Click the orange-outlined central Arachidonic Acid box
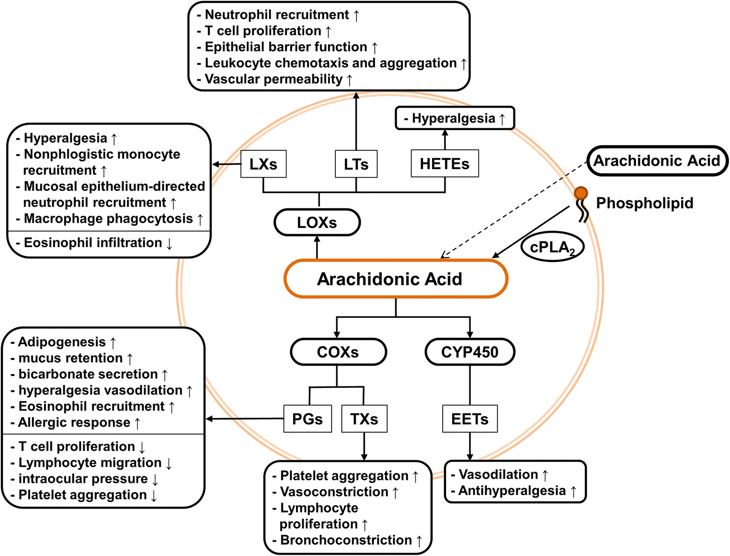pyautogui.click(x=395, y=279)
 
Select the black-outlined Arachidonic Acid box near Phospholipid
pyautogui.click(x=657, y=161)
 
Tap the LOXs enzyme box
pyautogui.click(x=317, y=223)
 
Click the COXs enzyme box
pyautogui.click(x=338, y=352)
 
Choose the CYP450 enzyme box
pyautogui.click(x=469, y=352)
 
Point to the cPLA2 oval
pyautogui.click(x=552, y=248)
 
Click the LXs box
pyautogui.click(x=263, y=164)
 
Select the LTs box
pyautogui.click(x=356, y=164)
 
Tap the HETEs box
pyautogui.click(x=445, y=164)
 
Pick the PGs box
pyautogui.click(x=308, y=419)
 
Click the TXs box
pyautogui.click(x=364, y=419)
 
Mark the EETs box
pyautogui.click(x=469, y=419)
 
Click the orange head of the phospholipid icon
pyautogui.click(x=581, y=193)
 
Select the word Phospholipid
pyautogui.click(x=644, y=203)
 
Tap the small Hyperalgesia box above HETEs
pyautogui.click(x=454, y=118)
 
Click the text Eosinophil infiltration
pyautogui.click(x=93, y=243)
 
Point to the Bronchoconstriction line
pyautogui.click(x=346, y=540)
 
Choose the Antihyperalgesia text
pyautogui.click(x=512, y=491)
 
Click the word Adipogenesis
pyautogui.click(x=62, y=342)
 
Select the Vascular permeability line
pyautogui.click(x=274, y=79)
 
